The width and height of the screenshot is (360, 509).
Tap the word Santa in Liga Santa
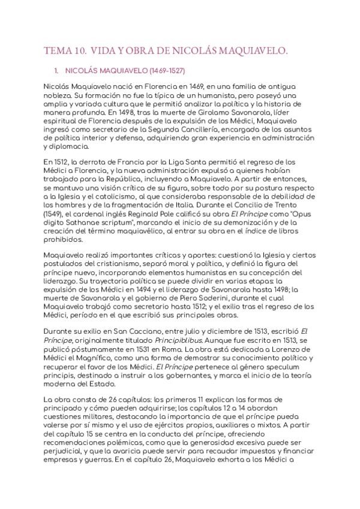pos(183,163)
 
